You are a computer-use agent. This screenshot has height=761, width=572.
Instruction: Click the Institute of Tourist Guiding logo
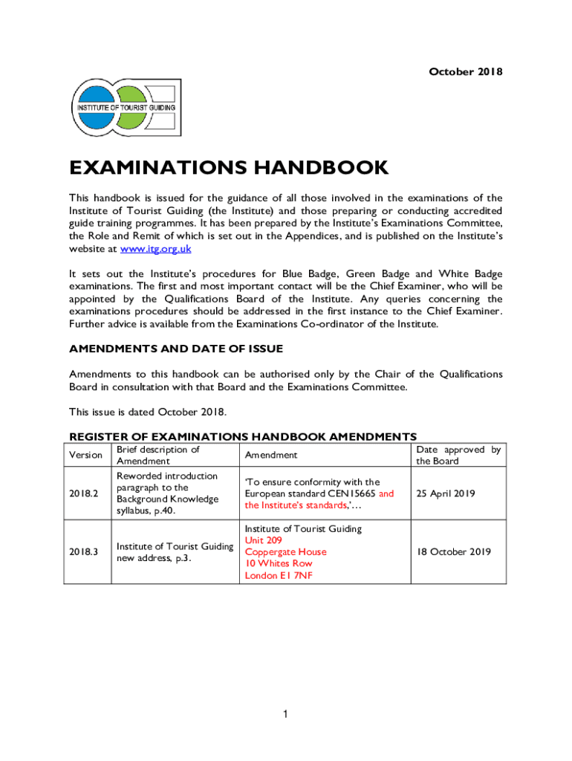pos(125,108)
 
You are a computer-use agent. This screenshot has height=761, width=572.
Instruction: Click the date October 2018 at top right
pos(466,72)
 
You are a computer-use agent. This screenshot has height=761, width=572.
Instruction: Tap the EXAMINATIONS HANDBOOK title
pos(229,168)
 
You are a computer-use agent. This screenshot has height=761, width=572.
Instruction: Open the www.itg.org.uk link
pos(156,249)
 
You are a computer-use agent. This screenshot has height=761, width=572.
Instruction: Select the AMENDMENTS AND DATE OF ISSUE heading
pos(176,349)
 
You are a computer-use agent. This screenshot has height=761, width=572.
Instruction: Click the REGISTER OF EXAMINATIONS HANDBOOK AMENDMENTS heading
pos(243,436)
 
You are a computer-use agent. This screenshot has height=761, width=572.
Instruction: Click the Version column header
pos(85,455)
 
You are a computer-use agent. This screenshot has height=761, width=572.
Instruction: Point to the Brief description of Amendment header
pos(158,456)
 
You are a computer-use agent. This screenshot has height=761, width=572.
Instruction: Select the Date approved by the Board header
pos(458,456)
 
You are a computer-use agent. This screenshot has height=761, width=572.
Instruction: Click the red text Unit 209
pos(264,540)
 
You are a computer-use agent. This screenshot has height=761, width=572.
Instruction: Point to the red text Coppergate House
pos(286,552)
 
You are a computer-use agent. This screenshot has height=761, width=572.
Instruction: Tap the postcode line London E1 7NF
pos(279,575)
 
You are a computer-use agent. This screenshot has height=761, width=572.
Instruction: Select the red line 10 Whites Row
pos(279,563)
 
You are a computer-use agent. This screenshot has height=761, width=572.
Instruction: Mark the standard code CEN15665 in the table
pos(346,493)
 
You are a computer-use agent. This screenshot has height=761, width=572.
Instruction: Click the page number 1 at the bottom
pos(285,714)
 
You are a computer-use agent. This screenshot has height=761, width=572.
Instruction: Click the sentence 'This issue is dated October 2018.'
pos(148,412)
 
